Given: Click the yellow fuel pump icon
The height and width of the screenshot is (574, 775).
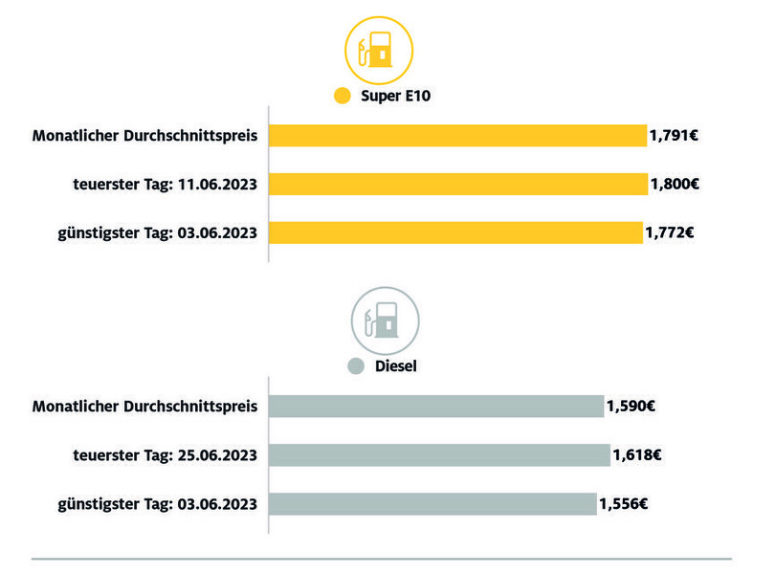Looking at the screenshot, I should click(378, 51).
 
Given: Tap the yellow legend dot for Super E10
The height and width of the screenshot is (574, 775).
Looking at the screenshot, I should click(343, 97).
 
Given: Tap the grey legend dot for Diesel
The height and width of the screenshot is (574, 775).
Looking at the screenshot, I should click(356, 365).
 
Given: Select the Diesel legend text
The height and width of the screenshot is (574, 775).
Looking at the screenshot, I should click(394, 365).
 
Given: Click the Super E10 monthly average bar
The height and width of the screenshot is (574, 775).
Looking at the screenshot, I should click(457, 136).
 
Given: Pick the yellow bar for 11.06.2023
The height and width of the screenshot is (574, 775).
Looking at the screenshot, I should click(458, 184).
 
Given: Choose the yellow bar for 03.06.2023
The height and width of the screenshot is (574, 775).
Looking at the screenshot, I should click(455, 232).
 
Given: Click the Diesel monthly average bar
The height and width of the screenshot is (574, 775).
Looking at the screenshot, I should click(436, 407).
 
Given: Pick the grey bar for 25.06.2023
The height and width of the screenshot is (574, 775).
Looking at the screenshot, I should click(439, 454).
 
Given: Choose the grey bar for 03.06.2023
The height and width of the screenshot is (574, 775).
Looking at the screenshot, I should click(432, 503).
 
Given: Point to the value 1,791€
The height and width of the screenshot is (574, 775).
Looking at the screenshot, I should click(674, 136).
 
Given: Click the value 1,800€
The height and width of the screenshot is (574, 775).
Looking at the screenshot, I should click(675, 184).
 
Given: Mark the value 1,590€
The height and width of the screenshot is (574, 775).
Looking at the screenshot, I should click(631, 407).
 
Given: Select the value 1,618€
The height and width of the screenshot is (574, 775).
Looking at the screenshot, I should click(636, 454).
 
